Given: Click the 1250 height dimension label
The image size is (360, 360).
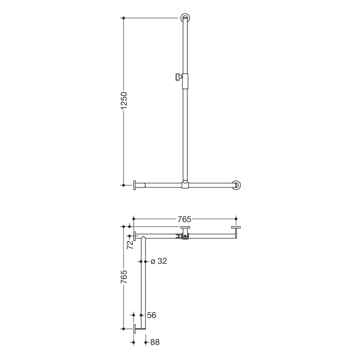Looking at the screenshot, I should (x=123, y=101).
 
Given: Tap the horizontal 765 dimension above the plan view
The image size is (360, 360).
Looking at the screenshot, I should (x=184, y=220).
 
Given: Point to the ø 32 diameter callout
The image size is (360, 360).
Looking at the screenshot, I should (x=159, y=261).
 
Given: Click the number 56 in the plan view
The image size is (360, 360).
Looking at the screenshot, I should (x=151, y=315).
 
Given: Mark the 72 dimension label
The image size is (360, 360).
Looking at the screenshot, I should (x=130, y=244).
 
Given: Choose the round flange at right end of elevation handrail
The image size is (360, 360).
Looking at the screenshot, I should (x=237, y=185).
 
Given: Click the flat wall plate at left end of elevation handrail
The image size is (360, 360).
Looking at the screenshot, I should (x=135, y=185).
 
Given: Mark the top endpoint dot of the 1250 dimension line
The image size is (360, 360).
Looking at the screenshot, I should (x=123, y=18).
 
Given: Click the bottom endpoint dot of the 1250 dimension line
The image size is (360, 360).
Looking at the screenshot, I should (x=123, y=185).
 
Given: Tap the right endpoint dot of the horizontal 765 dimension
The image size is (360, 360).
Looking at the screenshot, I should (x=236, y=219).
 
